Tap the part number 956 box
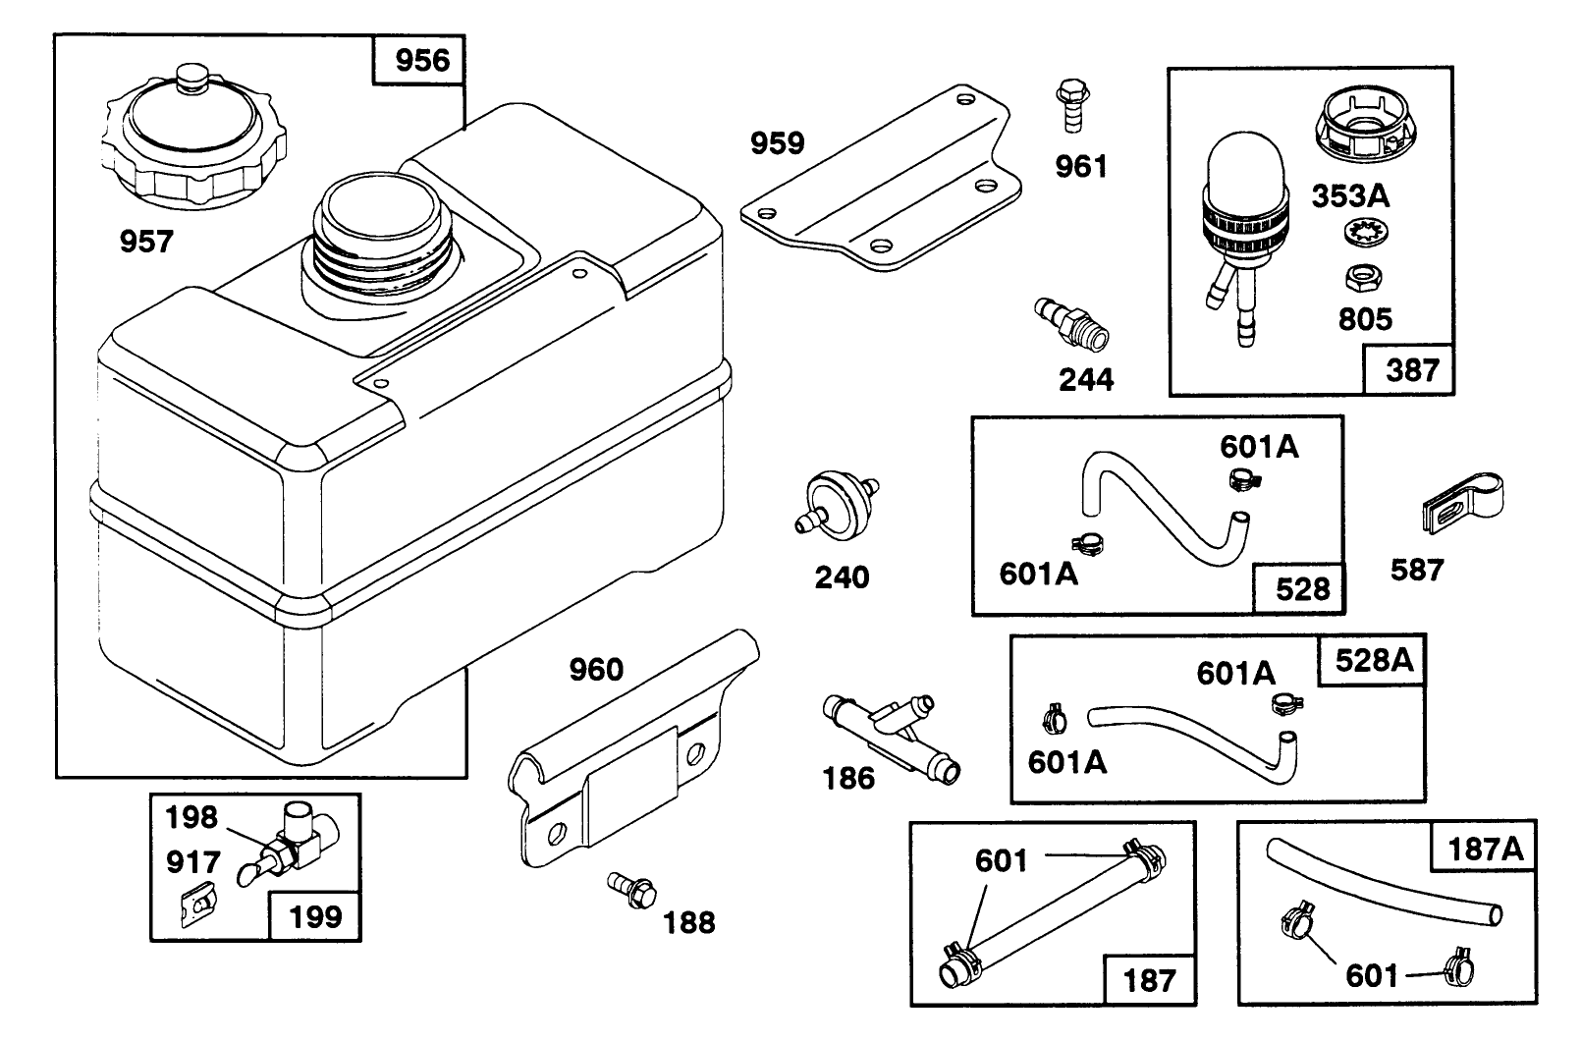[x=421, y=61]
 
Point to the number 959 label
[x=777, y=143]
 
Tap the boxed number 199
[x=315, y=916]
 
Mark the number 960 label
[x=596, y=670]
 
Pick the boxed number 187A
[x=1486, y=848]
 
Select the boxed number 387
[x=1411, y=370]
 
